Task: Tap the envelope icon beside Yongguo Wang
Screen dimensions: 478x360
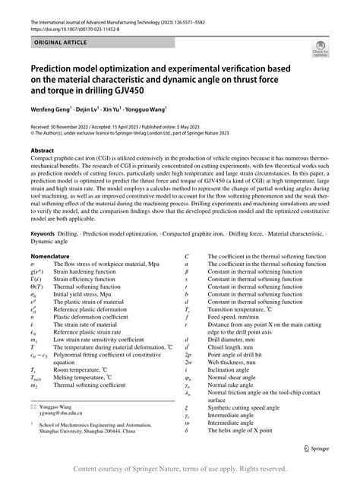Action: tap(33, 409)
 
